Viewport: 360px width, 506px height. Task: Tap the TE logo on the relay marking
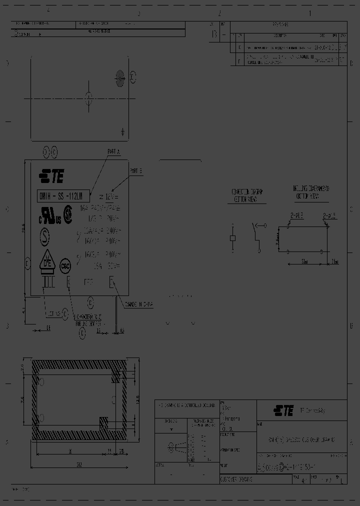tap(52, 176)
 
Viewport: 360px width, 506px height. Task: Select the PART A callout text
tap(114, 152)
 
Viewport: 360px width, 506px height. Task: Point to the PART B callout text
tap(136, 171)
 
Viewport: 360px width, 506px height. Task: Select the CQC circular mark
tap(65, 265)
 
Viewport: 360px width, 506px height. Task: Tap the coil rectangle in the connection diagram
tap(232, 238)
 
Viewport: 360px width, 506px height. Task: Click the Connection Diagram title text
tap(247, 195)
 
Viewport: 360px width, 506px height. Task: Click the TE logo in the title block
tap(283, 410)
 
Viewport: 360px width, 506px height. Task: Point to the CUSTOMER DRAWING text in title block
tap(236, 479)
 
